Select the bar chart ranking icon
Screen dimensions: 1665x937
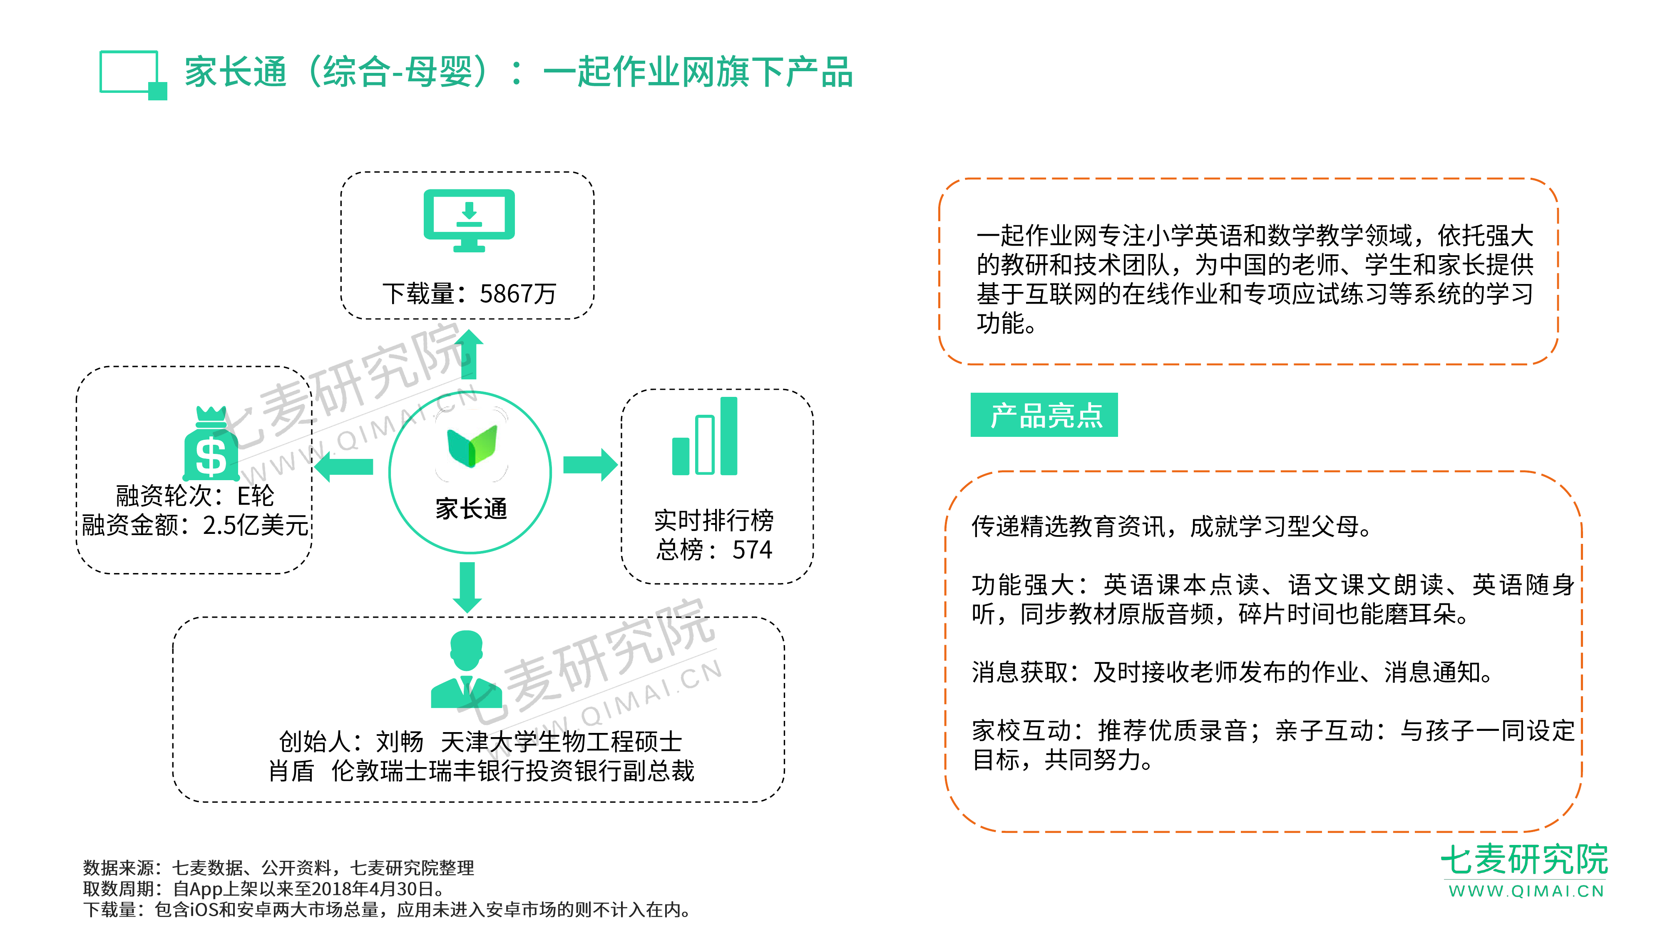click(x=705, y=436)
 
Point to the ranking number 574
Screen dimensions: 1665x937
click(x=752, y=550)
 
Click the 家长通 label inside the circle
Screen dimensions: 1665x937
click(x=471, y=509)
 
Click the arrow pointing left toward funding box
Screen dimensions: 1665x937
click(x=344, y=466)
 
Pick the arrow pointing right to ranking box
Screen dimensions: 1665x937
click(x=590, y=465)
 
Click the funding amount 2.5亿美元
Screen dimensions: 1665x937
click(x=255, y=525)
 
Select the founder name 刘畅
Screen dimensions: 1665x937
click(x=400, y=742)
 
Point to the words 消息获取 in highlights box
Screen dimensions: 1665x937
click(x=1020, y=673)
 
